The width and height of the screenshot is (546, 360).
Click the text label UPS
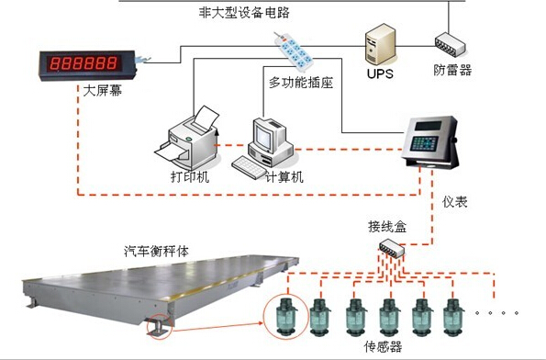378,73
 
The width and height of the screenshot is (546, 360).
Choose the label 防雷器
452,70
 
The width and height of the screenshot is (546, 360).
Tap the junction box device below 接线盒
392,246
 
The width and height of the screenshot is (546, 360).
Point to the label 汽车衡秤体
156,250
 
